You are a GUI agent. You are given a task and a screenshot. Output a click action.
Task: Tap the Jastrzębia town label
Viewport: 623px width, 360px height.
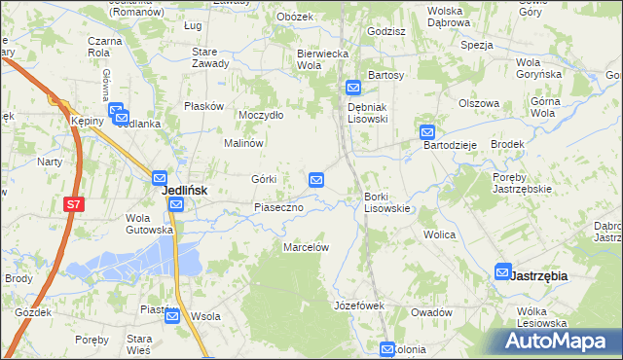tap(537, 276)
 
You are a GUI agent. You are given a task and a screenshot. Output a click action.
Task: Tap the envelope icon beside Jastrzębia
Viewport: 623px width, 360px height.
tap(503, 272)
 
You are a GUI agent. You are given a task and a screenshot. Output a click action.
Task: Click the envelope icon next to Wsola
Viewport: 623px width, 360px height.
tap(172, 315)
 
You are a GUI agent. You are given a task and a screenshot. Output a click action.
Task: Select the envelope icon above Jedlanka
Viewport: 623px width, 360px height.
tap(116, 111)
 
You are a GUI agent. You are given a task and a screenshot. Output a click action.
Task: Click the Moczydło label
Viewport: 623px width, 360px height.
tap(261, 115)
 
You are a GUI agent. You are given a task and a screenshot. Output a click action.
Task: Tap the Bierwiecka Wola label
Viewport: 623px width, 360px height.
tap(321, 58)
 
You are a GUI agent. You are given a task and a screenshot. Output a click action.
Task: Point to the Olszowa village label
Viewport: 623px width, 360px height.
tap(478, 103)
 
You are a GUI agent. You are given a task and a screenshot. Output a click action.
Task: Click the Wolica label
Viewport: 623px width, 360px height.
tap(440, 234)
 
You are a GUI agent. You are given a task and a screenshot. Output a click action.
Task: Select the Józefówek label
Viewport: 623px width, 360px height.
tap(360, 306)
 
